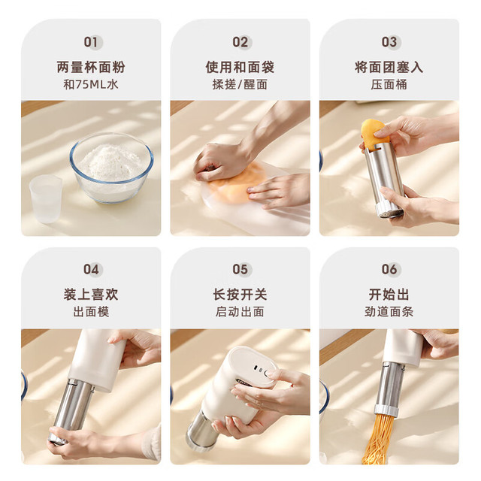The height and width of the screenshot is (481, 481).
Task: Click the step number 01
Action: (x=91, y=42)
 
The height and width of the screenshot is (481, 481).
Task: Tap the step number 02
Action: (x=240, y=42)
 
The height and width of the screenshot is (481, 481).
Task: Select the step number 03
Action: (x=389, y=42)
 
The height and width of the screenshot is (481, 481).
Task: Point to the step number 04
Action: (x=91, y=269)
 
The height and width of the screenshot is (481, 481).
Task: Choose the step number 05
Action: (x=240, y=269)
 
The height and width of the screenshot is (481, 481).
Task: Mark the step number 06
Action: (x=389, y=269)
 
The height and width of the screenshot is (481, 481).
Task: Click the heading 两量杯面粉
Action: (x=91, y=67)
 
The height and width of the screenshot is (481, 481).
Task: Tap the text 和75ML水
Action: (x=91, y=84)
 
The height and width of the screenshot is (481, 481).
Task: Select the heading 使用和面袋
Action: (x=240, y=67)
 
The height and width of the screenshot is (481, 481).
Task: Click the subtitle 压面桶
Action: (x=389, y=84)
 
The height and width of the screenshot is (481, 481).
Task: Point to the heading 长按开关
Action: (x=240, y=295)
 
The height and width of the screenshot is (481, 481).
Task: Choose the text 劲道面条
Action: (x=389, y=312)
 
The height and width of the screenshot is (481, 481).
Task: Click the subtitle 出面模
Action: (x=91, y=312)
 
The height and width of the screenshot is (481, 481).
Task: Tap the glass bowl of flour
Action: (x=111, y=168)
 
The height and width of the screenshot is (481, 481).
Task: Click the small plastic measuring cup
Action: (x=46, y=198)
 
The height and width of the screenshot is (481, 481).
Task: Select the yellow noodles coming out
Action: (x=378, y=439)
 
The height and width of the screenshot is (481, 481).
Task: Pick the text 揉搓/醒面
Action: (x=240, y=84)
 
